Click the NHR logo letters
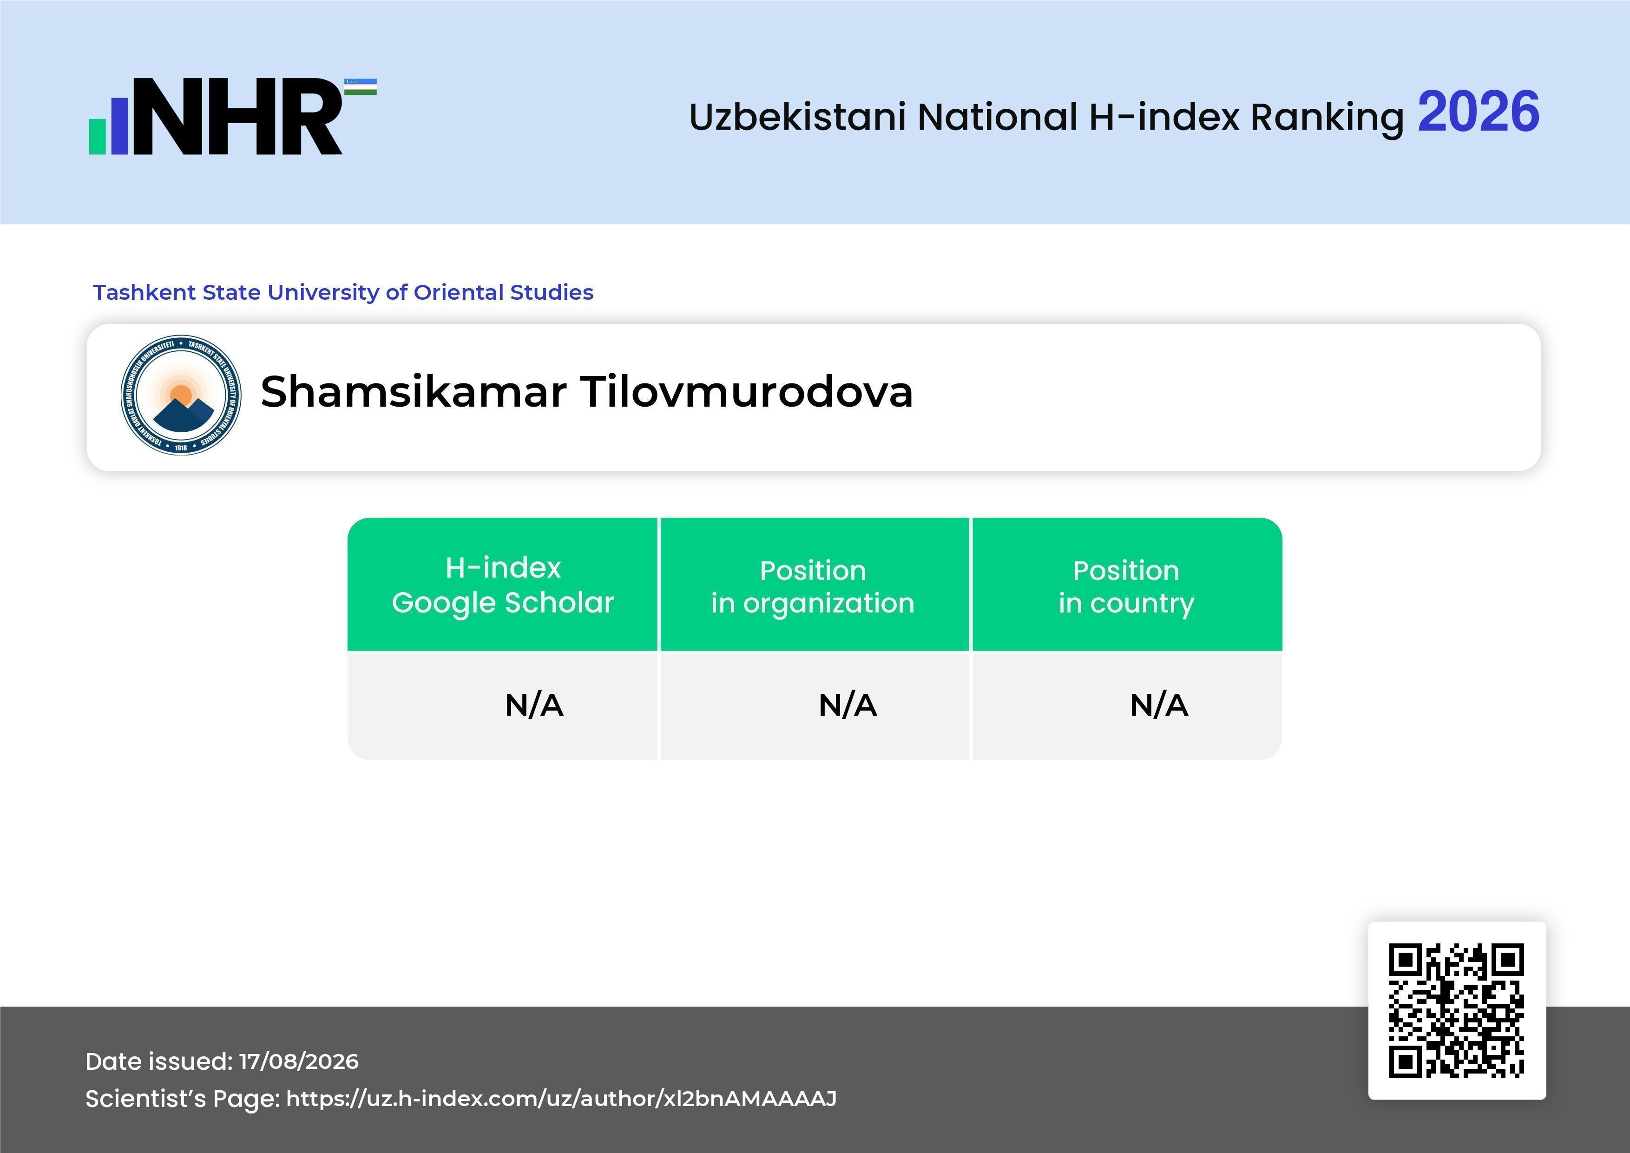click(238, 117)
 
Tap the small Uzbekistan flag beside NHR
click(361, 86)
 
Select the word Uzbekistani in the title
click(798, 117)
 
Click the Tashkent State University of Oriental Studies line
click(343, 292)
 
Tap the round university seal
click(181, 395)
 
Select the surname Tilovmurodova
click(747, 391)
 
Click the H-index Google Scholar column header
click(503, 585)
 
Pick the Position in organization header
click(813, 586)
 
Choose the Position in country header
click(1126, 586)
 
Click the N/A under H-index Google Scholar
click(534, 705)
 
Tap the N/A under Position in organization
click(848, 705)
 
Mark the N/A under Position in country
click(1158, 705)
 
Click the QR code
click(1457, 1010)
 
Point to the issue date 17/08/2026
click(299, 1061)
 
